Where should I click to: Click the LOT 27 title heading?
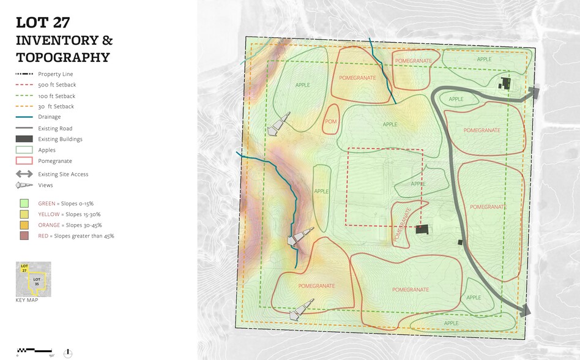pyautogui.click(x=43, y=23)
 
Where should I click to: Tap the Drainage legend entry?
pyautogui.click(x=50, y=117)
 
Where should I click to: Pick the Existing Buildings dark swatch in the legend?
pyautogui.click(x=24, y=139)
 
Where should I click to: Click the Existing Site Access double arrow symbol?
pyautogui.click(x=24, y=174)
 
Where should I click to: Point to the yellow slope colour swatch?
pyautogui.click(x=24, y=214)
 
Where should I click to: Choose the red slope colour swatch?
pyautogui.click(x=24, y=236)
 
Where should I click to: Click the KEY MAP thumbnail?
pyautogui.click(x=33, y=279)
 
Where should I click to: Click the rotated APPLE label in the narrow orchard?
pyautogui.click(x=322, y=191)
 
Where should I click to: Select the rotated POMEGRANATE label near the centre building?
pyautogui.click(x=404, y=223)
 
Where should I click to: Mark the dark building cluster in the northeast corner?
pyautogui.click(x=506, y=84)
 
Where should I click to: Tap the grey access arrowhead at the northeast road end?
pyautogui.click(x=534, y=92)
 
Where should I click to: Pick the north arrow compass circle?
pyautogui.click(x=68, y=353)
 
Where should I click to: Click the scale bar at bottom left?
pyautogui.click(x=35, y=350)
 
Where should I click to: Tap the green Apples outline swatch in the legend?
pyautogui.click(x=24, y=150)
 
